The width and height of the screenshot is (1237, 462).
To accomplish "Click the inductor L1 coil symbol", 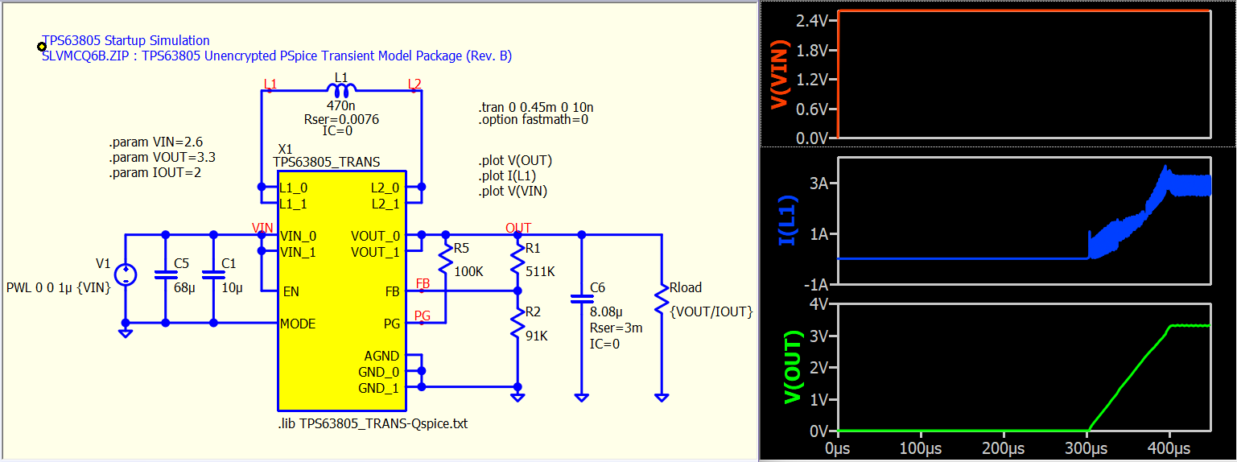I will coord(341,89).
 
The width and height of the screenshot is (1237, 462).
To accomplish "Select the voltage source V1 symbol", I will coord(126,275).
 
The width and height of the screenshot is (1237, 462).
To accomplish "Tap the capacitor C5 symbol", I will coord(166,274).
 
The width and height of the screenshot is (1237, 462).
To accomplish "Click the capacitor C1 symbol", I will coord(213,274).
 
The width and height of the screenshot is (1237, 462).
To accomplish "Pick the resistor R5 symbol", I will coord(443,258).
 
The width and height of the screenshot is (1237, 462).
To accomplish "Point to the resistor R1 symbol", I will coord(517,260).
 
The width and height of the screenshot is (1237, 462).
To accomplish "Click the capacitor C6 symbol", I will coord(582,299).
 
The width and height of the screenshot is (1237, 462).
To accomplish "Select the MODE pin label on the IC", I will coord(298,324).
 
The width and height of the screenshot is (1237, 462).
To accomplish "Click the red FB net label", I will coord(423,284).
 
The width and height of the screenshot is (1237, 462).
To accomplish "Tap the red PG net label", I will coord(423,316).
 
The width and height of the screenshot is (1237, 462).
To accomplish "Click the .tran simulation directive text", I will coord(535,107).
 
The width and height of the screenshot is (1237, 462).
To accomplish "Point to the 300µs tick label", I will coord(1087,447).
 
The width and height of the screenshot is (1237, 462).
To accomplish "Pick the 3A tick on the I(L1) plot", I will coord(818,184).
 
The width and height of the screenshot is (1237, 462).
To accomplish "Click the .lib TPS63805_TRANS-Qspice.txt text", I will coord(372,423).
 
